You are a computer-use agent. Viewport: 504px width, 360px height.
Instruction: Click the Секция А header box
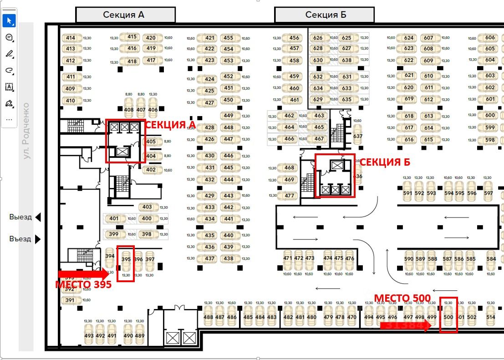tap(125, 15)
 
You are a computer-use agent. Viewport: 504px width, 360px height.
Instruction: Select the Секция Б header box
tap(324, 15)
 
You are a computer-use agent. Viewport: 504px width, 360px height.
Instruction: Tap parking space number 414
tap(71, 38)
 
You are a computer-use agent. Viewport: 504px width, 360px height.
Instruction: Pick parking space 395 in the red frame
tap(126, 263)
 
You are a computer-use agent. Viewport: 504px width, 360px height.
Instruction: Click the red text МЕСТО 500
tap(402, 299)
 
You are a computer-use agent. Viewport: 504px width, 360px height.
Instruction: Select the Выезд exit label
tap(21, 217)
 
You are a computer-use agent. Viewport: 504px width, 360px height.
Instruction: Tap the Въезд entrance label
tap(21, 238)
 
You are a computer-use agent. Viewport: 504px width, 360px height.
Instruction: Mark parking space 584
tap(491, 259)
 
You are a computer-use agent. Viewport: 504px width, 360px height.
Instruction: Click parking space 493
tap(89, 335)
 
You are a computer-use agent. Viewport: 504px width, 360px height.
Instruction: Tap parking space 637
tap(358, 136)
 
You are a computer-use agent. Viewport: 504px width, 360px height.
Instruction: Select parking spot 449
tap(229, 116)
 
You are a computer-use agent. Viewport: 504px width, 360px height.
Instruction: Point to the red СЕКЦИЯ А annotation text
tap(167, 124)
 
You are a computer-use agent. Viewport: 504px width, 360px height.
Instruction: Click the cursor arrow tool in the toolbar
tap(9, 21)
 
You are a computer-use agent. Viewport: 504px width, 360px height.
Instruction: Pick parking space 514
tap(490, 317)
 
